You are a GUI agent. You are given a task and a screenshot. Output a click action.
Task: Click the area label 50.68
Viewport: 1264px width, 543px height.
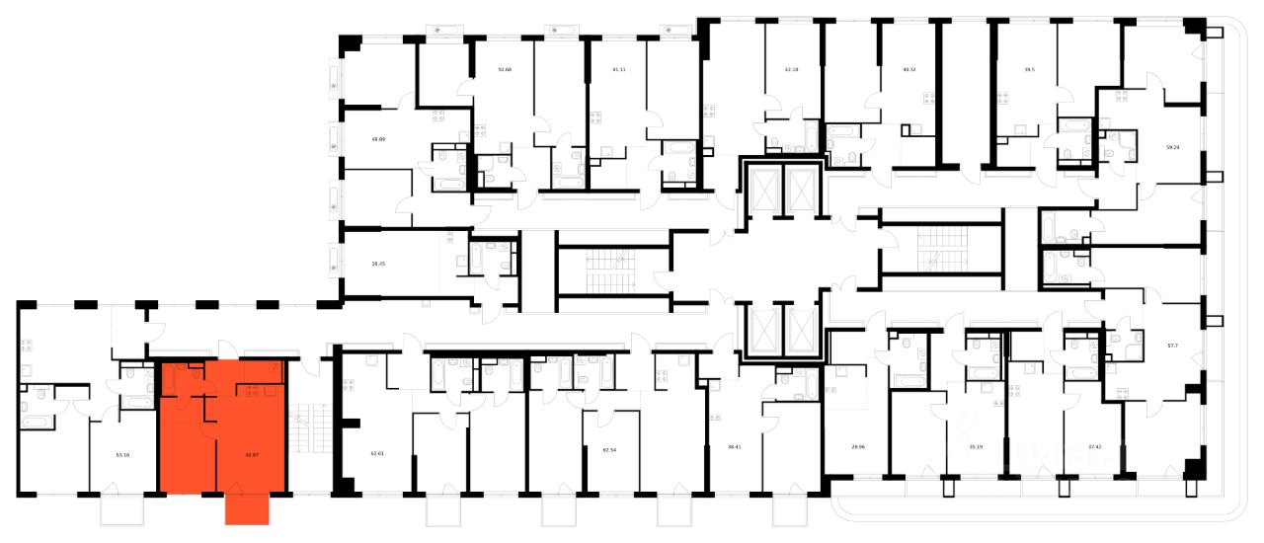(505, 70)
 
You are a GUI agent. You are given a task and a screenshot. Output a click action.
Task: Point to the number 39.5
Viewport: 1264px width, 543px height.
(1028, 70)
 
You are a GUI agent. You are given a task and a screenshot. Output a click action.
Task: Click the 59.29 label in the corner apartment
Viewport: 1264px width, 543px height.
(1173, 147)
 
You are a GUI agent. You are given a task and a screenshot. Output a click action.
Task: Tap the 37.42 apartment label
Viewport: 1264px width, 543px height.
(1093, 446)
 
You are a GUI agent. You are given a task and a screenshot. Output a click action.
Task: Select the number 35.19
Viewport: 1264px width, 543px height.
(976, 446)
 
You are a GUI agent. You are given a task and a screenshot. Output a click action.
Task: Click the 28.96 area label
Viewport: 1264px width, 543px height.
(856, 446)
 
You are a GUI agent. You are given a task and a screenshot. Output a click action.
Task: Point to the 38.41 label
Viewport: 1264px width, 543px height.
(735, 446)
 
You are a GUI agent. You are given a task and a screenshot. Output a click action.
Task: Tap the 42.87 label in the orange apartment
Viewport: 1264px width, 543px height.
(251, 455)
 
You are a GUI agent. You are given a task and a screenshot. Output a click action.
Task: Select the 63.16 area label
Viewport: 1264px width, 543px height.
(123, 455)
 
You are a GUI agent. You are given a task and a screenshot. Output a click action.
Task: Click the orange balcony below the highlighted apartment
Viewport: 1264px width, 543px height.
(247, 508)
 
